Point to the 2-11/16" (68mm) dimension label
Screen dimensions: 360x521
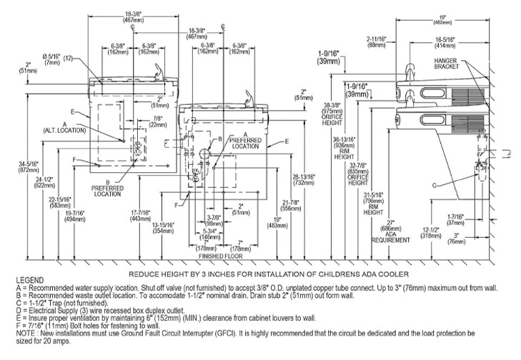coord(377,43)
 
